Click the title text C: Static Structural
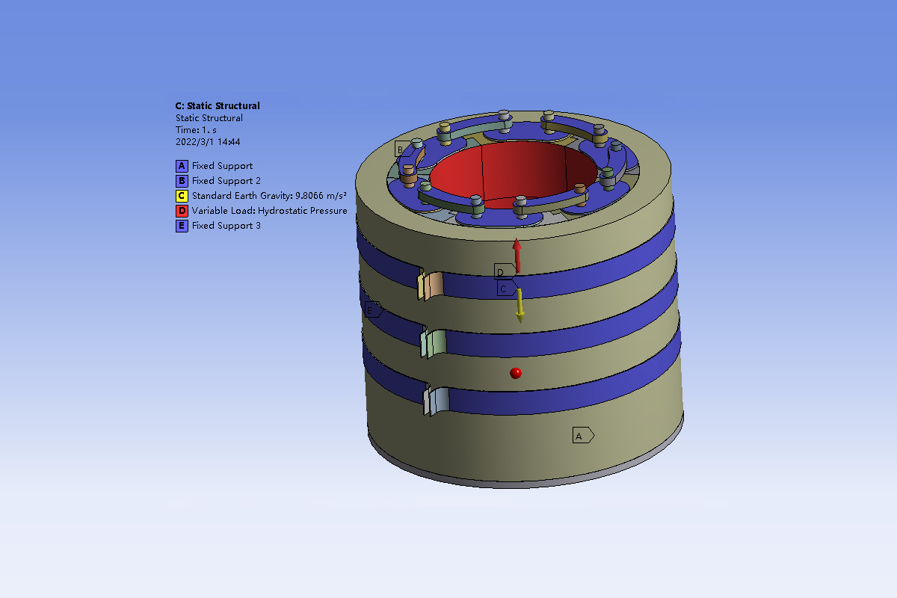(x=218, y=106)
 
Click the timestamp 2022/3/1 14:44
(x=207, y=141)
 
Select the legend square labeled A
(x=182, y=166)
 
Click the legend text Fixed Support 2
(x=226, y=181)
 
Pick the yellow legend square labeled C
(x=182, y=196)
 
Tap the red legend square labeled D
(x=182, y=211)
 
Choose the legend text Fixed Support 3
(x=226, y=226)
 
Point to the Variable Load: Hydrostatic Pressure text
(x=269, y=211)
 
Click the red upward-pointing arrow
(x=517, y=254)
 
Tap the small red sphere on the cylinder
(x=515, y=372)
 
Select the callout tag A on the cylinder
(x=582, y=435)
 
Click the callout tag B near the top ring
(x=402, y=149)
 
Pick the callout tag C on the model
(x=505, y=289)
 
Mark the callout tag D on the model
(x=503, y=271)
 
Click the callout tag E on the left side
(x=372, y=309)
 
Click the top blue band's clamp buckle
(x=431, y=286)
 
